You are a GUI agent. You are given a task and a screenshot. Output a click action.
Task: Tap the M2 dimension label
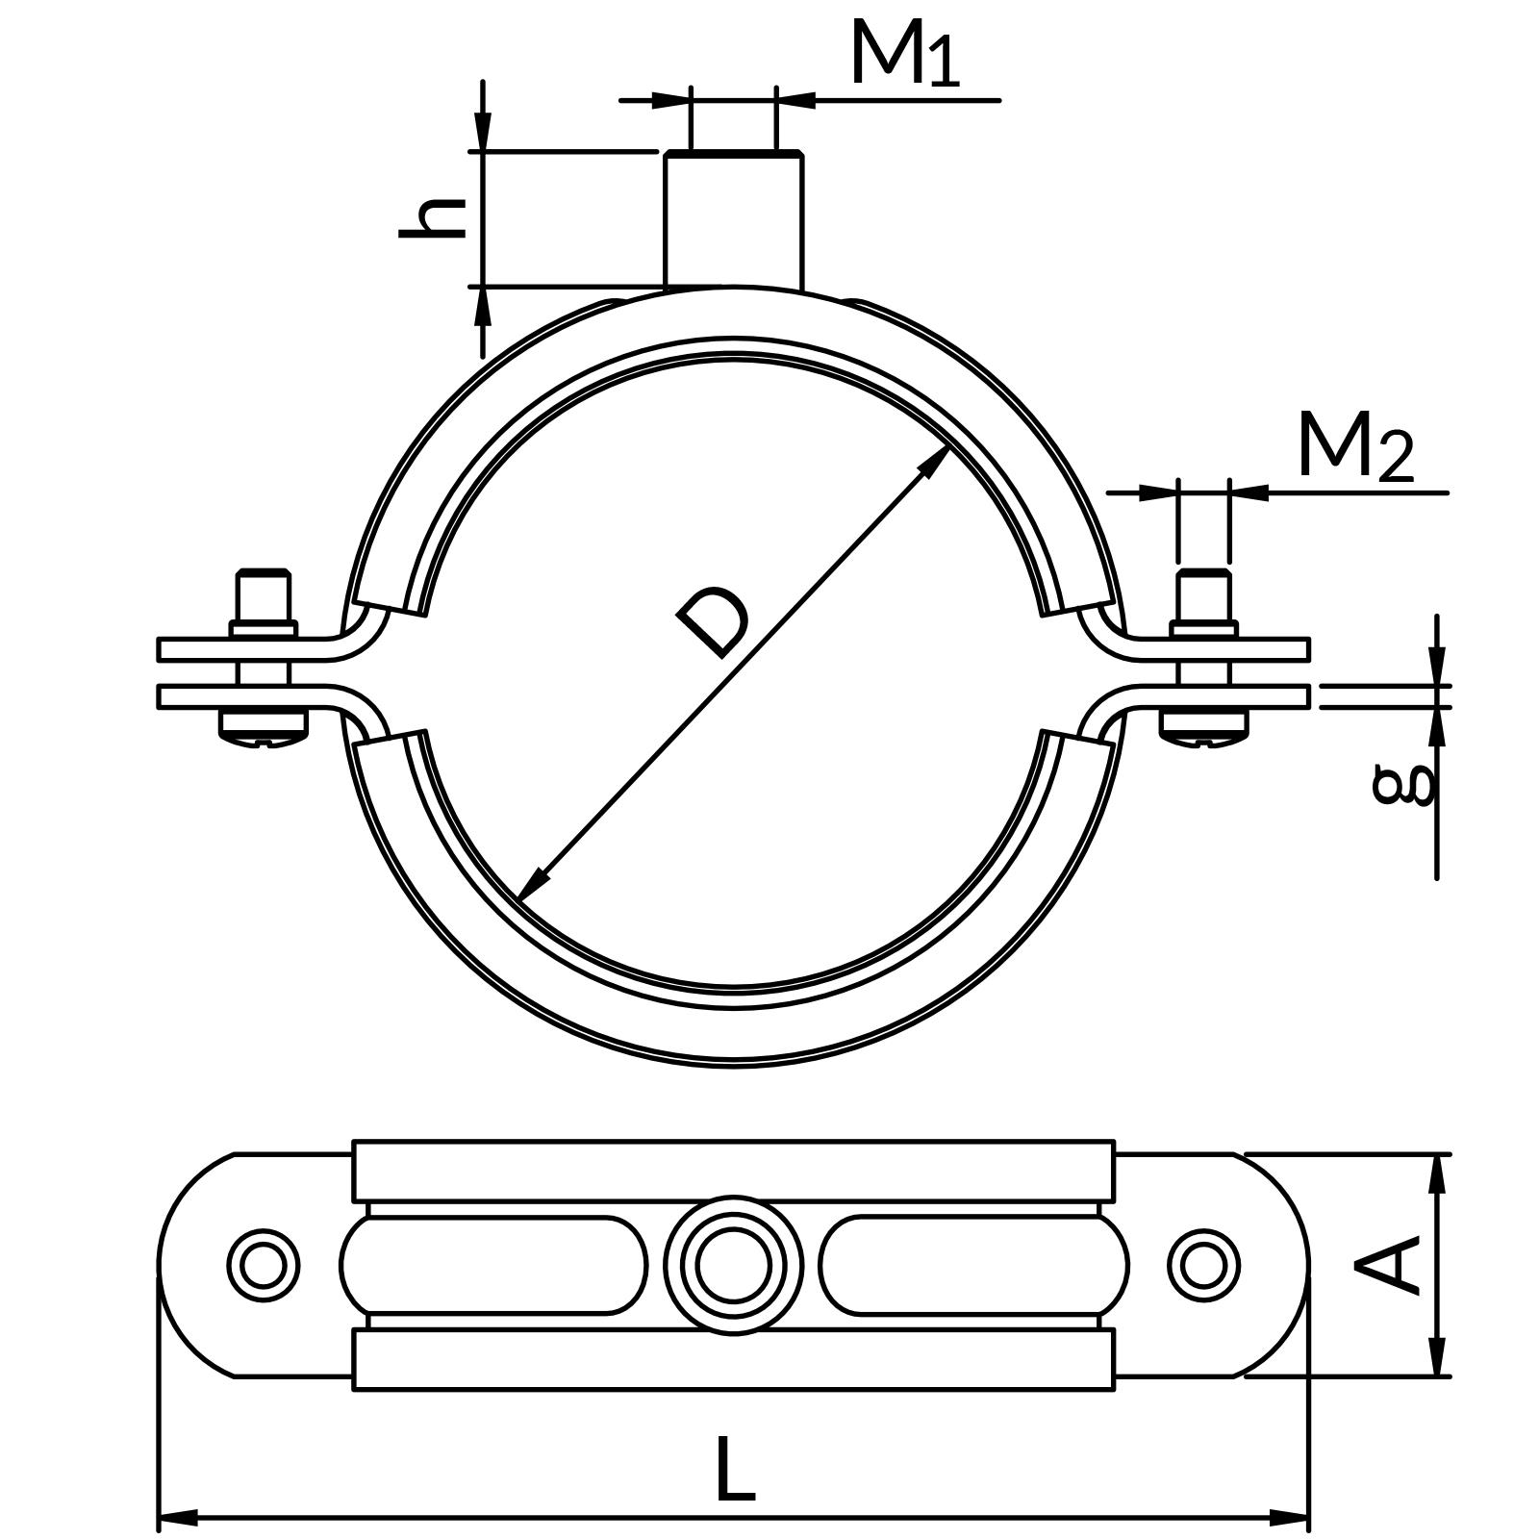1354,447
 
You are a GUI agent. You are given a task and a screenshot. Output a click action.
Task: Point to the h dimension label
433,218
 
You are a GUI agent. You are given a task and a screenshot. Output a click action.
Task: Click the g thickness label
1402,784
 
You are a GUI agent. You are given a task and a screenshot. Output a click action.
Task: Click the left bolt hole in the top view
264,1265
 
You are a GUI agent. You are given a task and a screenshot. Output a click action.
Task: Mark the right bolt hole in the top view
1203,1265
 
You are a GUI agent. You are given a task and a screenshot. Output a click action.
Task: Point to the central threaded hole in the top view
733,1265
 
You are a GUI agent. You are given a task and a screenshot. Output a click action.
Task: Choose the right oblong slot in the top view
973,1265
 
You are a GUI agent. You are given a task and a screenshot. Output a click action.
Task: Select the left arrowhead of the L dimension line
176,1518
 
